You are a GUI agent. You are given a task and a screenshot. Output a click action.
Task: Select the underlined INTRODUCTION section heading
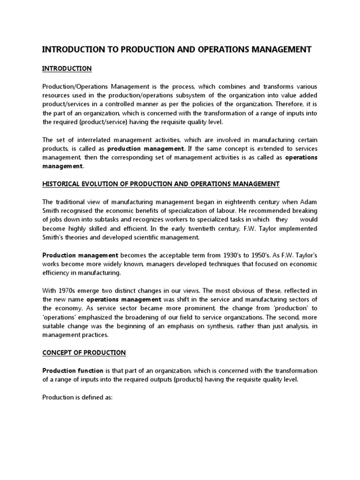67,68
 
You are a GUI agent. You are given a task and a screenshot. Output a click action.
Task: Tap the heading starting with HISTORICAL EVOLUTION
161,184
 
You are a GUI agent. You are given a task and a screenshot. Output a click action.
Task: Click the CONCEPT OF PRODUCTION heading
84,352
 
